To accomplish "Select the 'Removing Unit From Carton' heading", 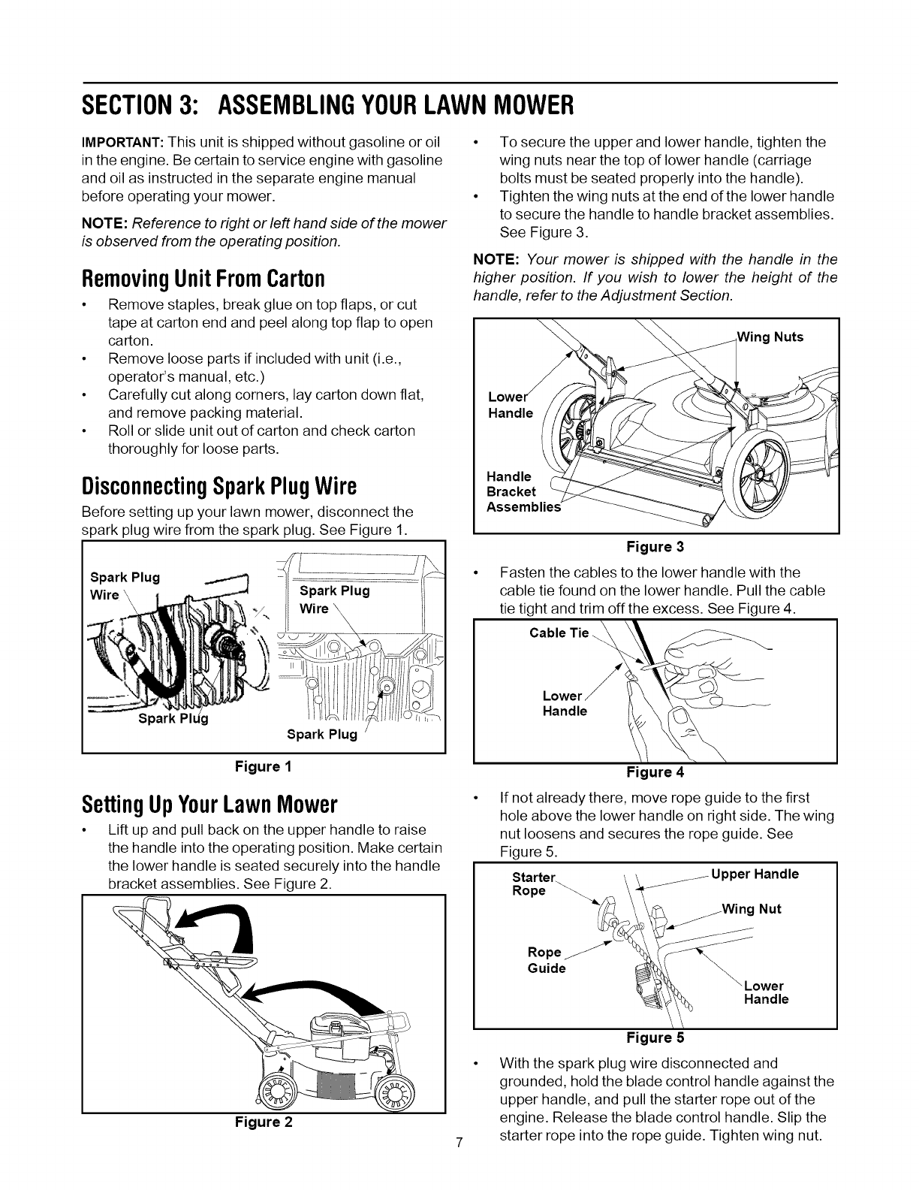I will [x=203, y=279].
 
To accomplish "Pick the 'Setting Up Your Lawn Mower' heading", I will [x=209, y=805].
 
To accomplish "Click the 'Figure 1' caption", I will [x=263, y=766].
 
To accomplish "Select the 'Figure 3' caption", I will [x=655, y=546].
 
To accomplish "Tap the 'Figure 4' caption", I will [x=655, y=772].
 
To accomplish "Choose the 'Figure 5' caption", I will [x=655, y=1038].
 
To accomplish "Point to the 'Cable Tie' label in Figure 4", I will [x=559, y=633].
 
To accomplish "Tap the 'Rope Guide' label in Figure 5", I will [x=547, y=960].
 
